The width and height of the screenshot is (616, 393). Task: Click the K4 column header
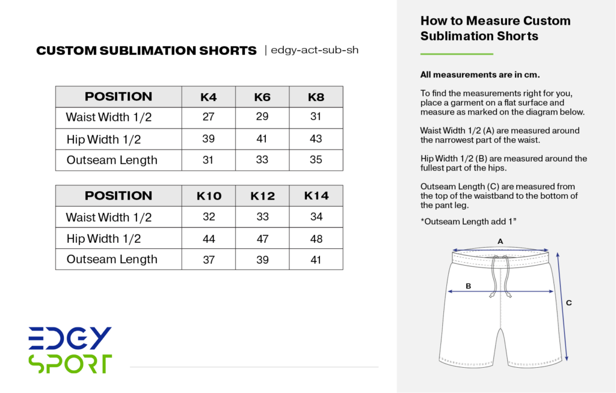pos(209,97)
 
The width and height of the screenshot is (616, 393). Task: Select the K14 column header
pos(316,195)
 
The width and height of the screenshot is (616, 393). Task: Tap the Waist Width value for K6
pos(262,117)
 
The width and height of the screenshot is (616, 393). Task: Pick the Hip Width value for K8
pos(316,138)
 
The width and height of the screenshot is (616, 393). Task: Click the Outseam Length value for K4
pos(209,160)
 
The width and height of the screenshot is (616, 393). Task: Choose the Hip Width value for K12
pos(262,239)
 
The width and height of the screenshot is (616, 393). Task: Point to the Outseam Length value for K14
pos(316,260)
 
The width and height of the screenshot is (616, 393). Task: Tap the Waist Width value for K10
pos(209,217)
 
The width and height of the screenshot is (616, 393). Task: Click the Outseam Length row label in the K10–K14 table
pos(112,260)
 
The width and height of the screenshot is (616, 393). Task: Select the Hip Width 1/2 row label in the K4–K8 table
pos(103,139)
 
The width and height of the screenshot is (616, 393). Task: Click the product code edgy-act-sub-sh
pos(315,50)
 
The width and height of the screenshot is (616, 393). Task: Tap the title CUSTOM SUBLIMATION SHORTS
pos(146,51)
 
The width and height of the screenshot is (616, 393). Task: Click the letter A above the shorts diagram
pos(500,241)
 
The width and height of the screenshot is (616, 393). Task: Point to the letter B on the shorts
pos(468,286)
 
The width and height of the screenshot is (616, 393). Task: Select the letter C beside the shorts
pos(568,303)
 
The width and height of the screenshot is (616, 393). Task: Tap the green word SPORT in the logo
pos(70,364)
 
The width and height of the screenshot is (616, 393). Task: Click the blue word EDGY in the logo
pos(70,338)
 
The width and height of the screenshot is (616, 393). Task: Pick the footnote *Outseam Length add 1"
pos(469,222)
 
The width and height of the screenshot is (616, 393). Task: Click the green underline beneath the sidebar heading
pos(457,55)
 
